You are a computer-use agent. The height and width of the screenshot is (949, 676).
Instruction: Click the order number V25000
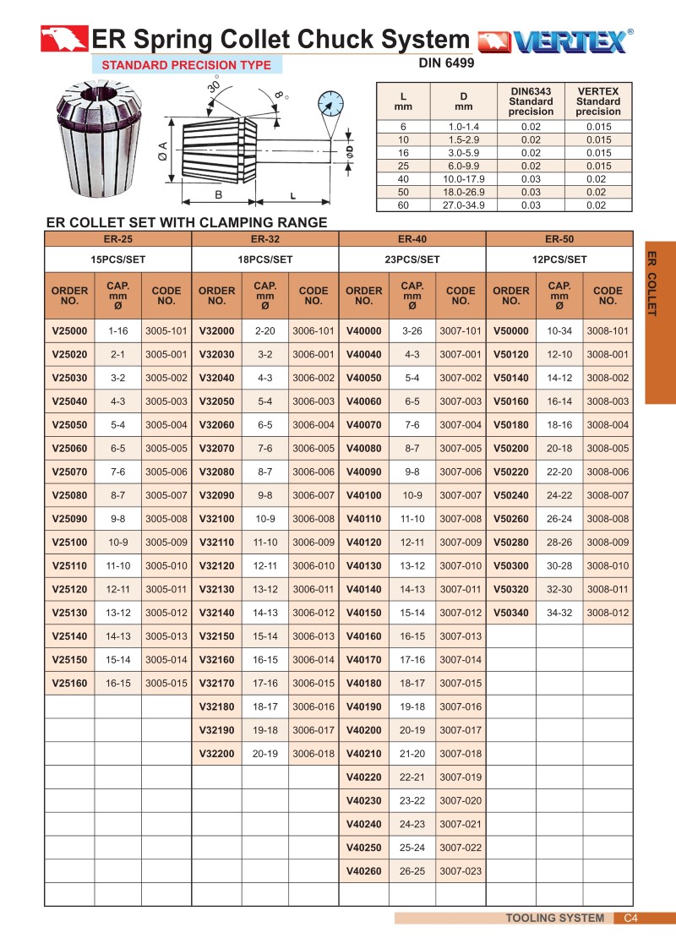[x=69, y=331]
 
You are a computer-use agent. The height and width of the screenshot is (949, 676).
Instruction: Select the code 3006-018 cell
[x=313, y=753]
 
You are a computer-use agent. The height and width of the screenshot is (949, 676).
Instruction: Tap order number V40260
[x=363, y=870]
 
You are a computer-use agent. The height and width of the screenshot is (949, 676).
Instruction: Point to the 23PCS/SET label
[x=412, y=259]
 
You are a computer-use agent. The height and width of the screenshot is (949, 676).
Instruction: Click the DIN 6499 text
[x=446, y=63]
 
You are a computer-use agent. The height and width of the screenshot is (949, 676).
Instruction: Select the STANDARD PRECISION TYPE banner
[x=187, y=65]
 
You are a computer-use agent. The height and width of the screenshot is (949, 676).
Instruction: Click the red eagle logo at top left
[x=64, y=38]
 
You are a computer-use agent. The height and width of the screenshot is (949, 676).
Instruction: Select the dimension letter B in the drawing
[x=218, y=195]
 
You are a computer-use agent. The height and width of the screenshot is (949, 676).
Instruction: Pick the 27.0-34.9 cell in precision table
[x=463, y=205]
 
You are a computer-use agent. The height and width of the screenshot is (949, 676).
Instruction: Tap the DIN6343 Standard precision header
[x=531, y=101]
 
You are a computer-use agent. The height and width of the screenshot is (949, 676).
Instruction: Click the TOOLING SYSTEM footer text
[x=554, y=919]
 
